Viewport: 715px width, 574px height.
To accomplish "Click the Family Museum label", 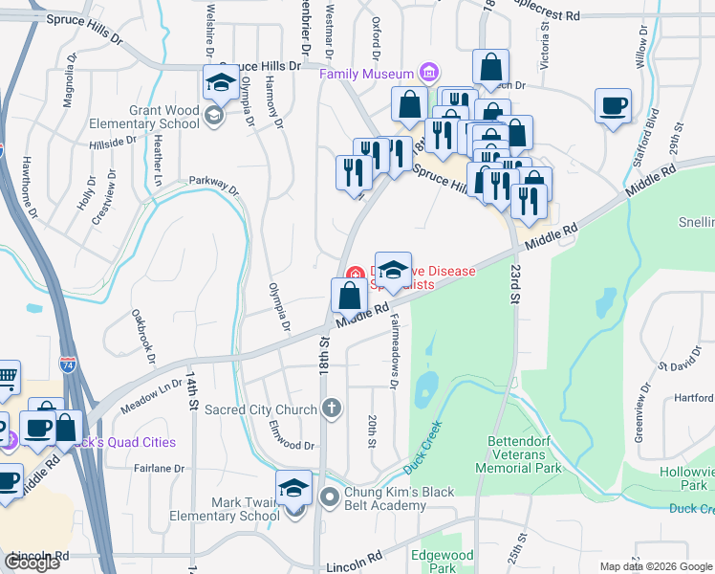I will pyautogui.click(x=367, y=74).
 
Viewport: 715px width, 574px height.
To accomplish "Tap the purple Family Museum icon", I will pyautogui.click(x=428, y=74).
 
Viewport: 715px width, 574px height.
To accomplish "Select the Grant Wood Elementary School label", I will pyautogui.click(x=144, y=118).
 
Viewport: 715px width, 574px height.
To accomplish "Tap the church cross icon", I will pyautogui.click(x=332, y=409).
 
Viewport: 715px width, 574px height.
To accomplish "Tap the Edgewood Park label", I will pyautogui.click(x=442, y=561).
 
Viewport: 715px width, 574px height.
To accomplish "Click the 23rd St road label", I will pyautogui.click(x=514, y=284).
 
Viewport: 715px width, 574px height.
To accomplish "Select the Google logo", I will pyautogui.click(x=32, y=563).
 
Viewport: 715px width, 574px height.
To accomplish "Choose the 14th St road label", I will pyautogui.click(x=191, y=392).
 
